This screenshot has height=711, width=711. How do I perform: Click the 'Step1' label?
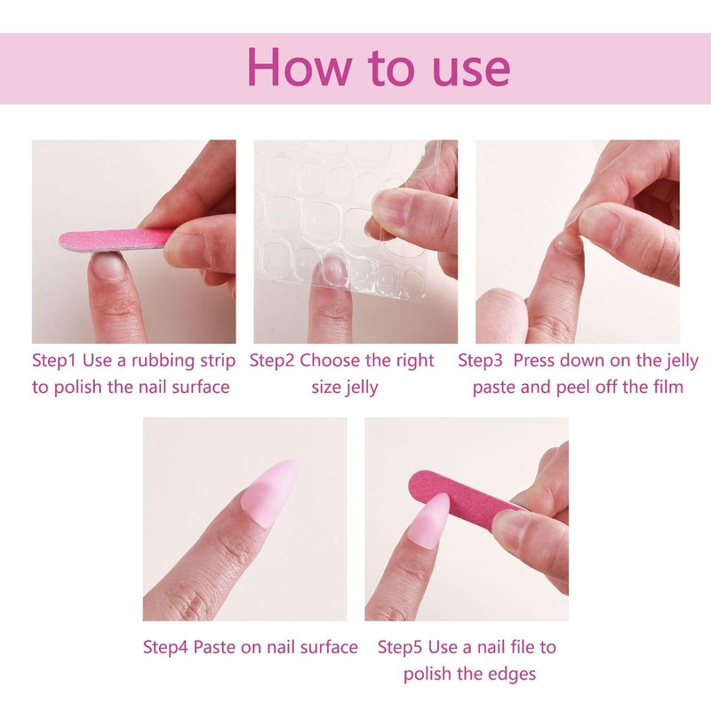(56, 361)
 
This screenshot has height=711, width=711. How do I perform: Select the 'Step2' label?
(272, 361)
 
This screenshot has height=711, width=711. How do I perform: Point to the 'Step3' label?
(481, 361)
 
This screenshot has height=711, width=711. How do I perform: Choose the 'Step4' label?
(166, 647)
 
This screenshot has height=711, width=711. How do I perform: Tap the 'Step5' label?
(401, 647)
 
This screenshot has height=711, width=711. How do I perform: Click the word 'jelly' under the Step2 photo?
(357, 387)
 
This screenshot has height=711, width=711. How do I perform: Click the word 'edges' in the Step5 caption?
(511, 675)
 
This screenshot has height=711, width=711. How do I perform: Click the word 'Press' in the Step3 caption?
(536, 361)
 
